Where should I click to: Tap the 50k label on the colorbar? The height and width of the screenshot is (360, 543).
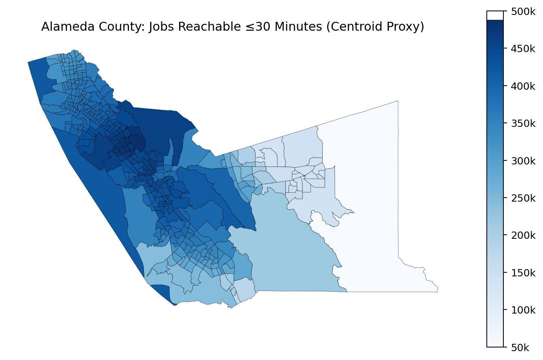520,347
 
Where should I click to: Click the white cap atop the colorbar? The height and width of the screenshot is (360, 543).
495,15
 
